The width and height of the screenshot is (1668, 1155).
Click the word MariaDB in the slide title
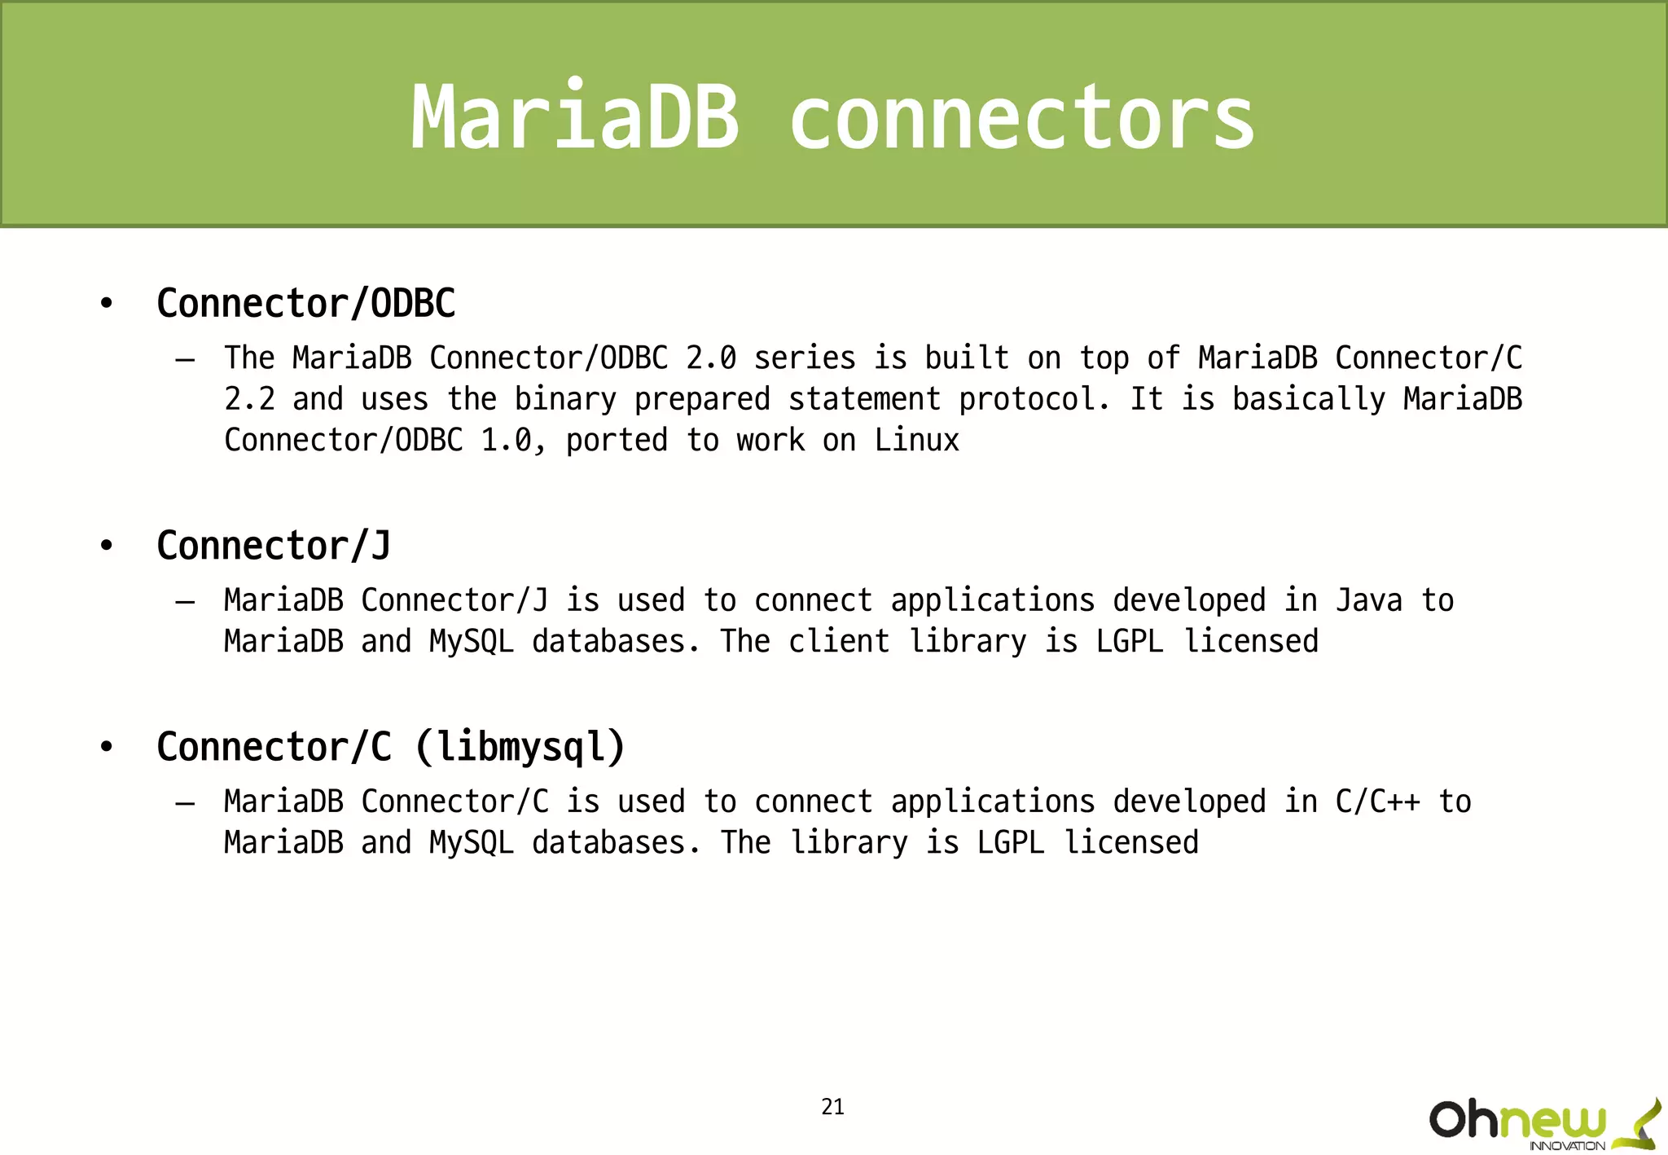(x=575, y=118)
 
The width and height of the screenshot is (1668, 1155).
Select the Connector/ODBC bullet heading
(x=305, y=304)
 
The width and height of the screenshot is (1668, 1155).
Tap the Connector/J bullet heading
(x=274, y=546)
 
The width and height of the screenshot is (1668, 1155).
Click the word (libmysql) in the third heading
(x=520, y=747)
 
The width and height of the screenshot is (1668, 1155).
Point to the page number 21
(x=832, y=1107)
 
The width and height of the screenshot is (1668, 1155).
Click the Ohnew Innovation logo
(x=1543, y=1124)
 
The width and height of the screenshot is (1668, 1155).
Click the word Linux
(x=917, y=441)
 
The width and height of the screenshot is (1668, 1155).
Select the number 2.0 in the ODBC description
(x=711, y=358)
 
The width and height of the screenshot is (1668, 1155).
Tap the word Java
(x=1369, y=601)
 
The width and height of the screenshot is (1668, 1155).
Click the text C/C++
(x=1378, y=802)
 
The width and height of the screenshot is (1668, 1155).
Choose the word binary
(x=564, y=399)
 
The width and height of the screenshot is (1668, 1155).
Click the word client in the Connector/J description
(x=839, y=642)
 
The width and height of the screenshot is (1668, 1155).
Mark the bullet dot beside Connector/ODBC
(x=106, y=305)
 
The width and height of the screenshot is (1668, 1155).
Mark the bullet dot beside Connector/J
(x=106, y=547)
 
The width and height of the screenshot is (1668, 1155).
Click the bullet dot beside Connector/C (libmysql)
(x=106, y=748)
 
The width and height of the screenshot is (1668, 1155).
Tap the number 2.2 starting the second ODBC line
(x=249, y=399)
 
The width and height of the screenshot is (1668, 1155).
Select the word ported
(x=617, y=441)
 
